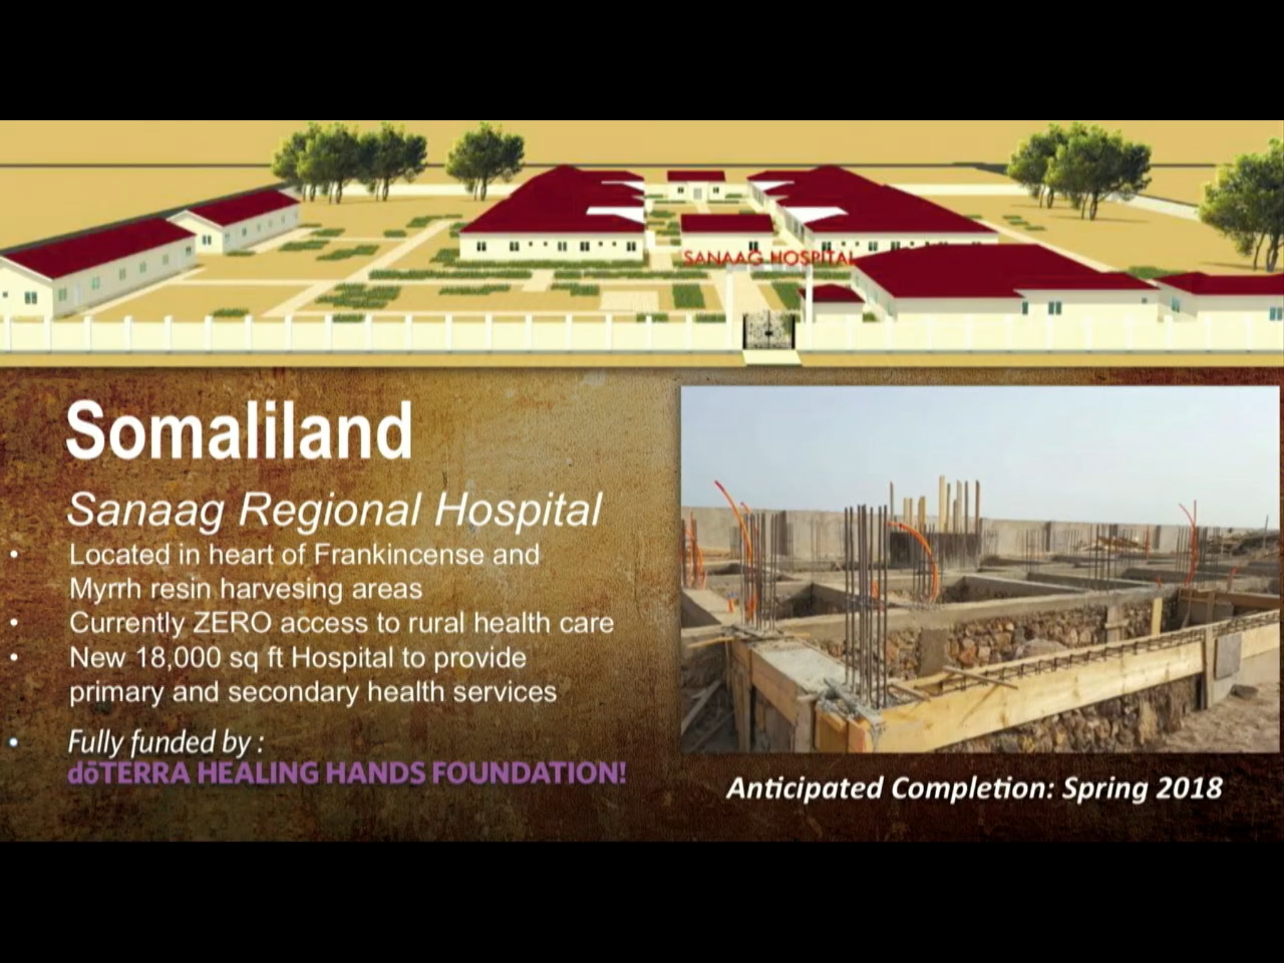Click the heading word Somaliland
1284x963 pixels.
(x=239, y=431)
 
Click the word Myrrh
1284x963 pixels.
(x=105, y=590)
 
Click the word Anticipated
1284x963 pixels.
(x=805, y=789)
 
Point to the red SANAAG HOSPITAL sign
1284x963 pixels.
(x=767, y=258)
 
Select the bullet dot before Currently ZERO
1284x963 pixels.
(x=14, y=624)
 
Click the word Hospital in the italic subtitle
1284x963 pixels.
(x=518, y=511)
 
